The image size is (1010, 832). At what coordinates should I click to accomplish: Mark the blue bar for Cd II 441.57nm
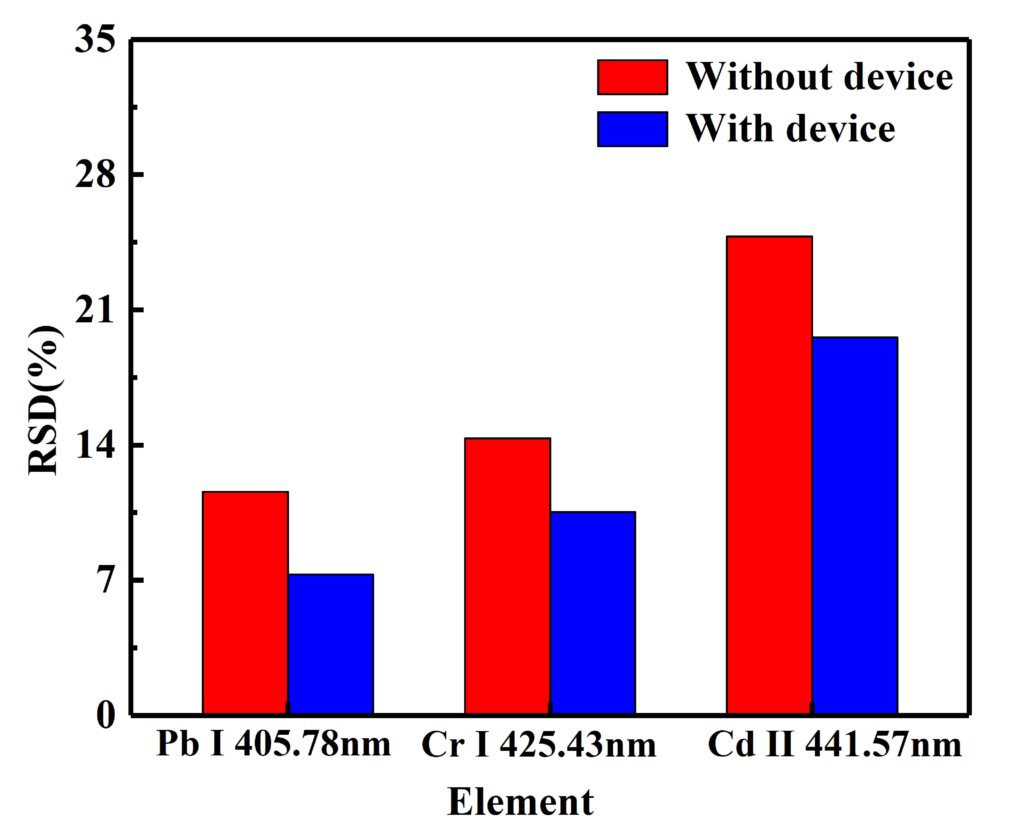click(855, 525)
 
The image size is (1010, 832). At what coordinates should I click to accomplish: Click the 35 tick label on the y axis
click(95, 39)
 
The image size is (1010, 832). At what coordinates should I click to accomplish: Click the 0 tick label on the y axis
click(106, 716)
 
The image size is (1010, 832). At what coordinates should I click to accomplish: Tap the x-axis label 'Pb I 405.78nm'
click(273, 744)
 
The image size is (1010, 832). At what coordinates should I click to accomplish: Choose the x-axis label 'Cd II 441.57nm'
click(834, 744)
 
